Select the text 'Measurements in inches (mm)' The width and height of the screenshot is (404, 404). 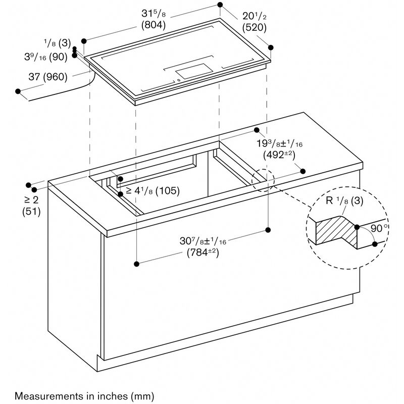click(x=84, y=394)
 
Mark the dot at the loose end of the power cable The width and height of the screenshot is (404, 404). click(x=19, y=91)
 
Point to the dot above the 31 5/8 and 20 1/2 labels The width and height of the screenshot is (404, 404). click(x=220, y=5)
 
